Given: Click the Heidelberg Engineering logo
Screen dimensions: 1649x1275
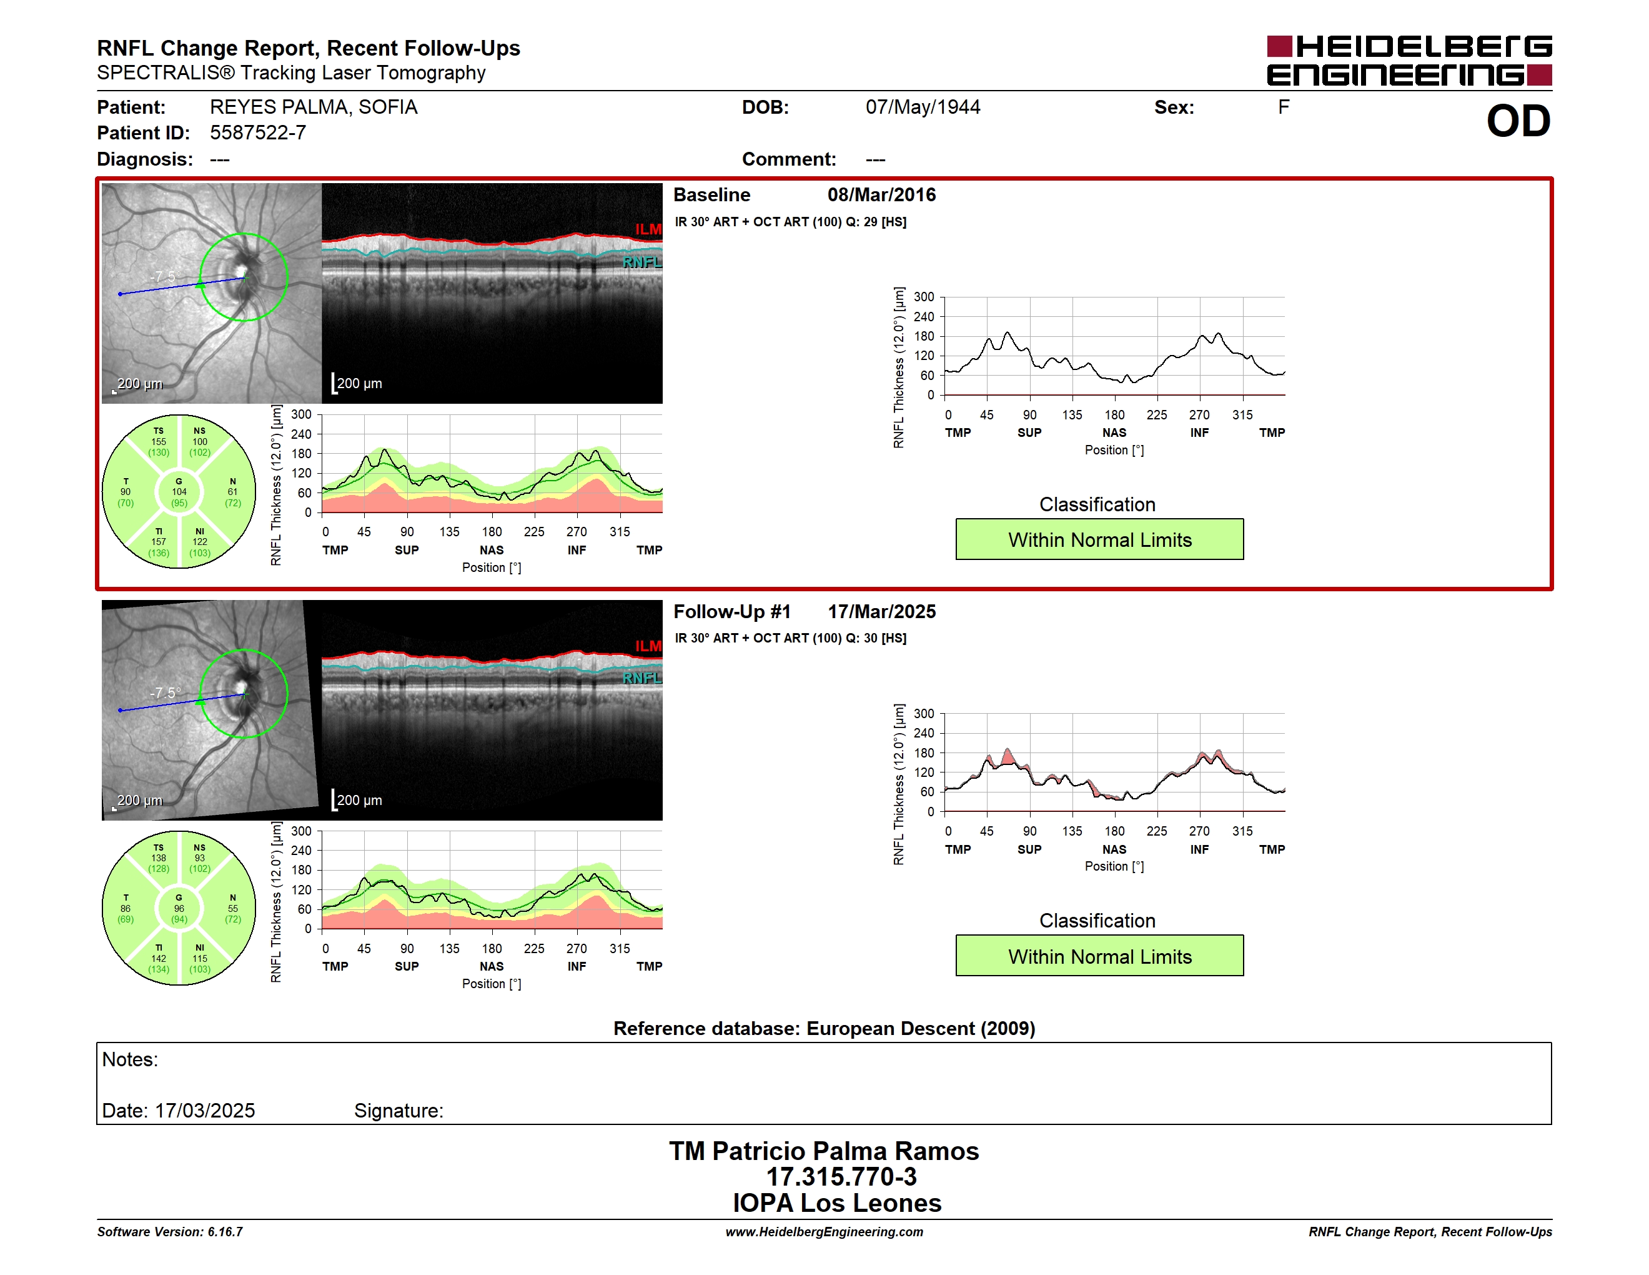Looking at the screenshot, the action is [1409, 61].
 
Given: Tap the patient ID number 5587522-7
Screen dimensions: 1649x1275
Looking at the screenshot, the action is [258, 133].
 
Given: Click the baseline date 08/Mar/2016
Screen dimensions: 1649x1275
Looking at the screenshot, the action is [881, 195].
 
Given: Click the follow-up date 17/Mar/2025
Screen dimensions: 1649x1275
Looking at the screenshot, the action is [881, 611].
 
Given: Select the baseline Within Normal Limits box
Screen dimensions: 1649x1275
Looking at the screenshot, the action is [1099, 539].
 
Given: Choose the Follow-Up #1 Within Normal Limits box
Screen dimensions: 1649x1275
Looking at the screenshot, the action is [1099, 956].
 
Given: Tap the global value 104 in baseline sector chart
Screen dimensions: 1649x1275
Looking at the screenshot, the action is [179, 492].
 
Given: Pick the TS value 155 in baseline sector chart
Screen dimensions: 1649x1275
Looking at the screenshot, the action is [159, 442].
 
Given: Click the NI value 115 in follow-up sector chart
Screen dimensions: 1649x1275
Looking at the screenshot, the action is [199, 959].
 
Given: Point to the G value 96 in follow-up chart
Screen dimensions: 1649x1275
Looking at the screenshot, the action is [179, 909].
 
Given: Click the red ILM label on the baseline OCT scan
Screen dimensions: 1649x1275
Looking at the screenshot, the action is [648, 229].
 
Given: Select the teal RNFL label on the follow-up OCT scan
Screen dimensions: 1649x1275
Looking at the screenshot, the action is [641, 678].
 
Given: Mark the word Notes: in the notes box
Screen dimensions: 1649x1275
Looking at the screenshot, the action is [130, 1060].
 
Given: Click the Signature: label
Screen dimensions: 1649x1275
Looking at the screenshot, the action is [399, 1111].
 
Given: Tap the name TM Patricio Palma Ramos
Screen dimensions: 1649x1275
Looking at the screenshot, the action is [824, 1151].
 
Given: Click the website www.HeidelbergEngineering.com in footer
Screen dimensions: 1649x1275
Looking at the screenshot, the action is [824, 1232].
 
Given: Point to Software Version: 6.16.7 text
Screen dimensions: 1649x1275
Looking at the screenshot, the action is [170, 1232].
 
